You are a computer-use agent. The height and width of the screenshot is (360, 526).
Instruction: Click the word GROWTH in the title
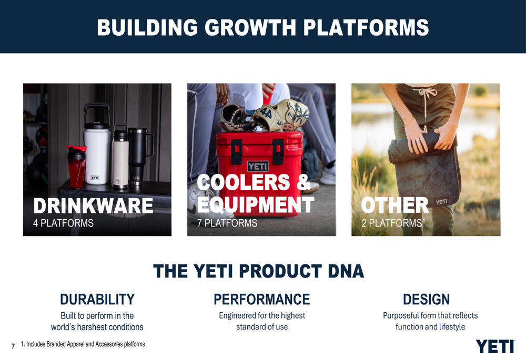250,27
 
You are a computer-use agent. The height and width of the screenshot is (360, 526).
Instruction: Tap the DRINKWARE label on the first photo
93,205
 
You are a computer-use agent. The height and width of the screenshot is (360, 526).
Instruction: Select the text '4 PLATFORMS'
64,223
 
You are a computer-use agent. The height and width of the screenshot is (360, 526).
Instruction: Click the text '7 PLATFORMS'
227,223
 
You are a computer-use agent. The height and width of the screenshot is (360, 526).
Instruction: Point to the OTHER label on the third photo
395,205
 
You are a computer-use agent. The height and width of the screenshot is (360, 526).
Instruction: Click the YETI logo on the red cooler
258,166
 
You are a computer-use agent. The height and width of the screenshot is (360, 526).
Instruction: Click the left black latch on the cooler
237,151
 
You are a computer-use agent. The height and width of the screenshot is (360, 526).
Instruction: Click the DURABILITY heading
97,300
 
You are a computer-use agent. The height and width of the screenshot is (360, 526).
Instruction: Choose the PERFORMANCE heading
261,300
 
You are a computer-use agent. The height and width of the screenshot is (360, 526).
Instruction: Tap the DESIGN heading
427,300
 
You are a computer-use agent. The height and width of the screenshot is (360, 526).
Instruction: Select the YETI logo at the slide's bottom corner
495,346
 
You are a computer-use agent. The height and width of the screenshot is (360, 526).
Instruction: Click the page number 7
13,346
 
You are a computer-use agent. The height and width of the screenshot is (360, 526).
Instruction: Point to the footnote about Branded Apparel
83,344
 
